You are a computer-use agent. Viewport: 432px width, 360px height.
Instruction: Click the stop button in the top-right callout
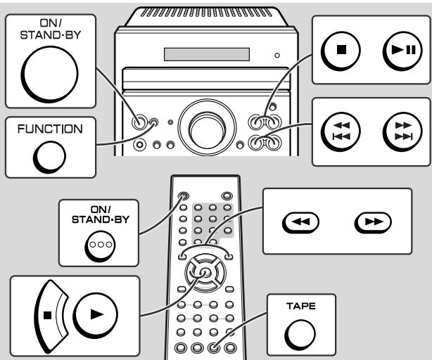pos(341,51)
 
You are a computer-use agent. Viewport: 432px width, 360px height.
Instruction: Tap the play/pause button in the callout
pos(402,51)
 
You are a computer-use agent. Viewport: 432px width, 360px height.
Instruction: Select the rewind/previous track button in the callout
pos(341,131)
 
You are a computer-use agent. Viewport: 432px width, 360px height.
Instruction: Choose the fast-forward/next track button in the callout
pos(402,131)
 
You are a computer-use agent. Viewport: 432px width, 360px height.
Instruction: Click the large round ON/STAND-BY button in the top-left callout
pos(49,75)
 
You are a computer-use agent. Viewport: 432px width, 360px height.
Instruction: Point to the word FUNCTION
pos(50,129)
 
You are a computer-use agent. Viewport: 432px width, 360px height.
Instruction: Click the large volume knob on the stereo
pos(207,128)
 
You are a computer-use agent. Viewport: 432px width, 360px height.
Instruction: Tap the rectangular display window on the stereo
pos(207,54)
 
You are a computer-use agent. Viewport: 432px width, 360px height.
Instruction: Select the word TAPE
pos(301,306)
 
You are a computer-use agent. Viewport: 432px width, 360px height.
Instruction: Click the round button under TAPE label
pos(300,335)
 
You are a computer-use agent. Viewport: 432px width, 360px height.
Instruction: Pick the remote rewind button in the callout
pos(300,222)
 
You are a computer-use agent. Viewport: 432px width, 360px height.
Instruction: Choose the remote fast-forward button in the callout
pos(373,222)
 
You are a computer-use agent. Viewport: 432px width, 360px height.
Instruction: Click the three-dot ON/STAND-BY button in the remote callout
pos(100,246)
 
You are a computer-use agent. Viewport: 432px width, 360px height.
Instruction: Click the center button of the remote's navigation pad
pos(205,273)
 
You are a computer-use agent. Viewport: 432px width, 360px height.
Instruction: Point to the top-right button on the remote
pos(227,196)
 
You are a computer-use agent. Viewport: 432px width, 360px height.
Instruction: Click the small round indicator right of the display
pos(277,56)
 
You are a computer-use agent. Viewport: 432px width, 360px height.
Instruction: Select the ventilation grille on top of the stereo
pos(207,13)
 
